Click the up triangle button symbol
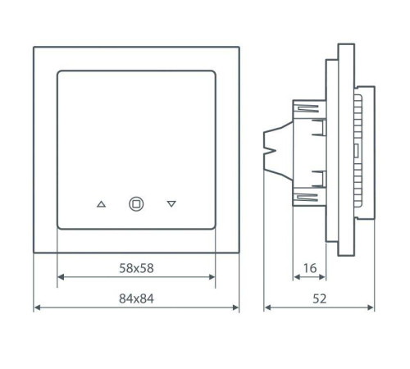click(x=101, y=204)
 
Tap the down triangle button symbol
click(x=171, y=204)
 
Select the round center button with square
click(x=136, y=204)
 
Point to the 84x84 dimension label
click(x=136, y=298)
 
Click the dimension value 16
click(x=309, y=266)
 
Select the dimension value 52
click(x=320, y=298)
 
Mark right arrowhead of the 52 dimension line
click(x=375, y=309)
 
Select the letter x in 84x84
click(x=136, y=298)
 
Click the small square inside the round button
click(x=136, y=204)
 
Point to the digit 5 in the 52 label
click(x=316, y=298)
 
